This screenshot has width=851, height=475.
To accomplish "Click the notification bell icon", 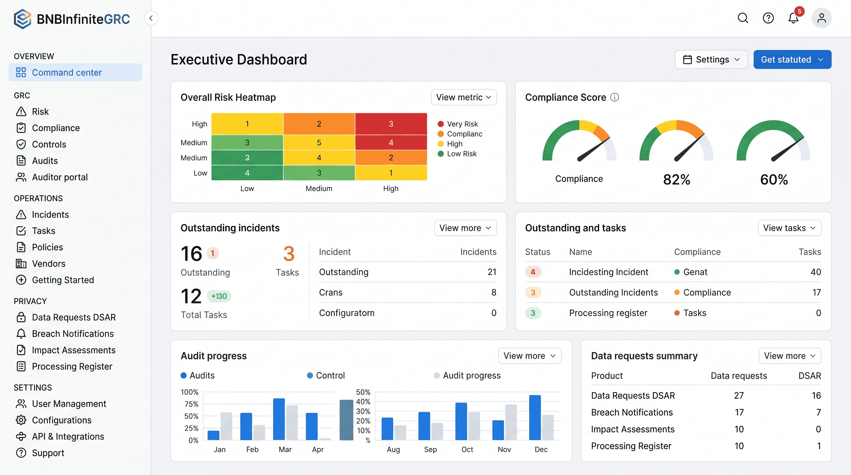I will click(793, 18).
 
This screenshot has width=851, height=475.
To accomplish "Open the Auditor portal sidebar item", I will click(59, 178).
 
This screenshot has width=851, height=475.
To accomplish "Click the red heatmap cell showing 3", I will click(391, 124).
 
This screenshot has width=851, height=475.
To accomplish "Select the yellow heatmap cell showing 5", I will click(319, 143).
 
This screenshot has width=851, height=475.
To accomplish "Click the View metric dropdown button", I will click(464, 97).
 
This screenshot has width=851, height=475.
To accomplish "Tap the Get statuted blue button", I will click(792, 60).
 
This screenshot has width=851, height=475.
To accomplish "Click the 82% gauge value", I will click(676, 180).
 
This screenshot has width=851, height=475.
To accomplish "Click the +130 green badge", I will click(219, 296).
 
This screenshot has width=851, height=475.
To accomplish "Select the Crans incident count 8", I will click(493, 293).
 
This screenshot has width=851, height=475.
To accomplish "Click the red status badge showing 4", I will click(532, 272).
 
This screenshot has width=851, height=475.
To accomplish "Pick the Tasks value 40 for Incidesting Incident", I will click(815, 272).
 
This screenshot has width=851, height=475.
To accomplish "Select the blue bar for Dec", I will click(535, 418).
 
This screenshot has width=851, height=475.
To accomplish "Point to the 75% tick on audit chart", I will click(191, 404).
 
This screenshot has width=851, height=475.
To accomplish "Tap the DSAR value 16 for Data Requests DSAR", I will click(816, 396).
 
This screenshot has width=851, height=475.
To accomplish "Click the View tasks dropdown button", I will click(789, 228).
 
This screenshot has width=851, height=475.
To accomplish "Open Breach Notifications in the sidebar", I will click(72, 334).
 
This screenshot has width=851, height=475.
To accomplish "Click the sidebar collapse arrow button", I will click(151, 18).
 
